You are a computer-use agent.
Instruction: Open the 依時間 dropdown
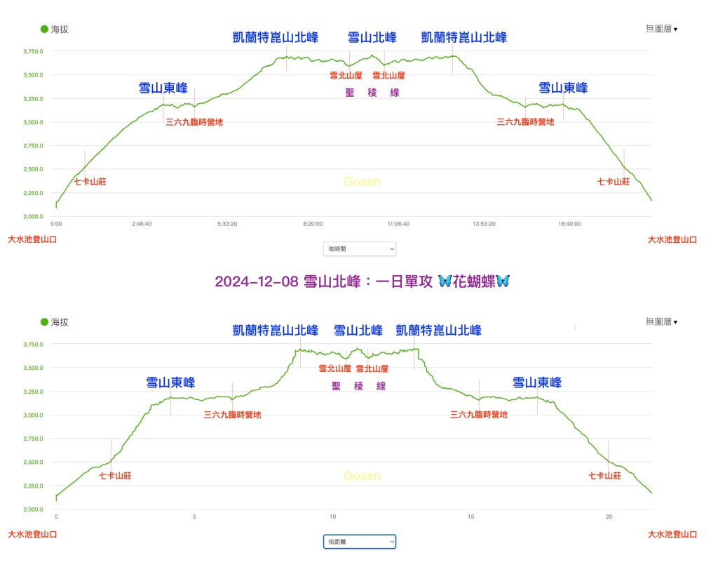[x=360, y=248]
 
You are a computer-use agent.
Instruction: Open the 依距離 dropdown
[x=360, y=541]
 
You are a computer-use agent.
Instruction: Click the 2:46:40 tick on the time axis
[x=142, y=224]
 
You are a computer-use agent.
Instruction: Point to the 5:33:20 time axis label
[x=226, y=224]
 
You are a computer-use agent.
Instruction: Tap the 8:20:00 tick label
[x=313, y=224]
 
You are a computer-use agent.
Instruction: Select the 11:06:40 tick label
[x=398, y=224]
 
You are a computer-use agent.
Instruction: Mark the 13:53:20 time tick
[x=484, y=224]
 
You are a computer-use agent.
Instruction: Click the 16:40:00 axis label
[x=569, y=224]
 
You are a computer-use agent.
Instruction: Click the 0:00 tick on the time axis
[x=56, y=224]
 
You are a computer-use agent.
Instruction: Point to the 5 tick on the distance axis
[x=195, y=517]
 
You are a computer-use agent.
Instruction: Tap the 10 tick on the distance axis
[x=333, y=517]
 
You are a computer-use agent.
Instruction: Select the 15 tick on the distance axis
[x=471, y=517]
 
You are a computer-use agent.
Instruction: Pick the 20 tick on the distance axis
[x=609, y=517]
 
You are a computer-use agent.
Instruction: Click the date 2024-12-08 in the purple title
[x=256, y=281]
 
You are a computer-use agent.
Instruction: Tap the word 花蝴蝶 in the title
[x=475, y=281]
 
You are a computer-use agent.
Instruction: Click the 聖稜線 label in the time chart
[x=372, y=93]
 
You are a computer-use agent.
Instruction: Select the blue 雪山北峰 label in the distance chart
[x=358, y=330]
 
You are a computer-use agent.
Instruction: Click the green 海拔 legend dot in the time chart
[x=45, y=29]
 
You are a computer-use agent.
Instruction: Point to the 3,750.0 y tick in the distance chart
[x=34, y=345]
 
